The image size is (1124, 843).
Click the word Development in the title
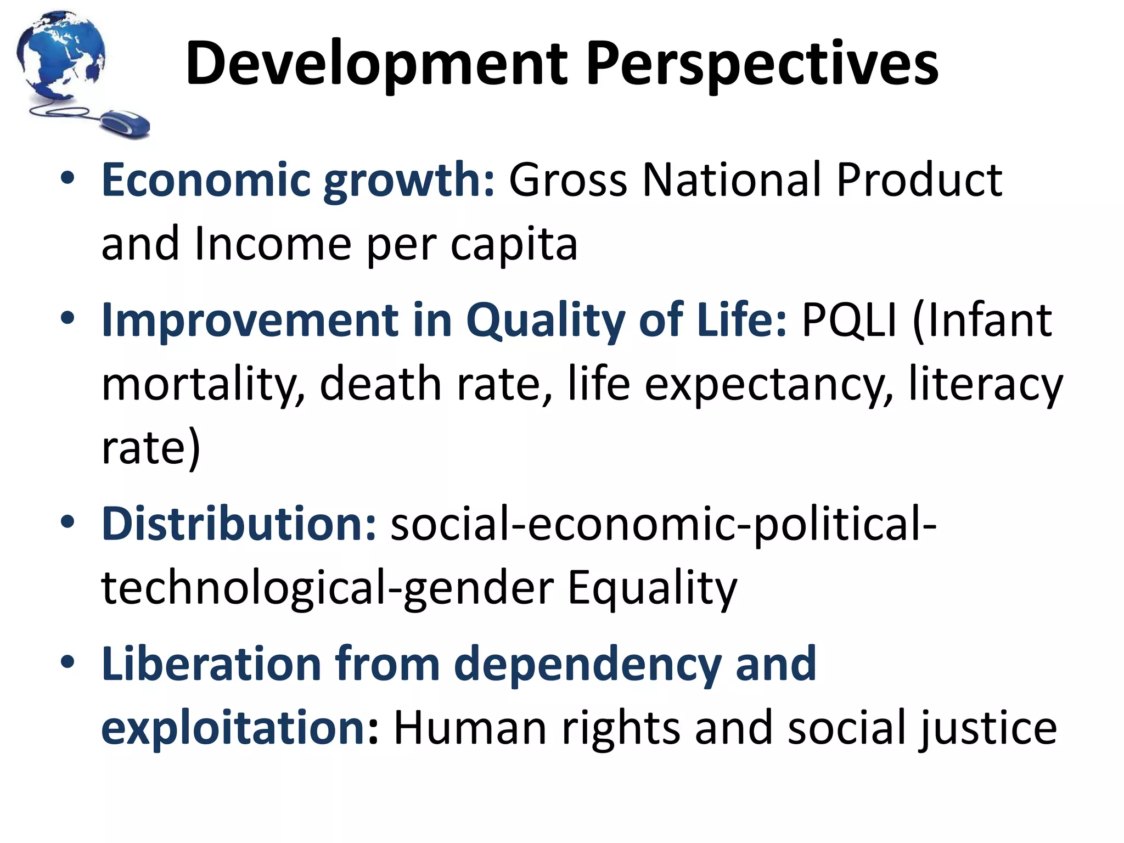376,65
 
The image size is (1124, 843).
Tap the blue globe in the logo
60,55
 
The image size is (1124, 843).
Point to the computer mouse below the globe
126,123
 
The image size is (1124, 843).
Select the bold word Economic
206,180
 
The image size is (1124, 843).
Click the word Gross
568,180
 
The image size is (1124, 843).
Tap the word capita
514,244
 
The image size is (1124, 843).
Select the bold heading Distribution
239,524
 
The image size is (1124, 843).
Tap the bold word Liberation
211,664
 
